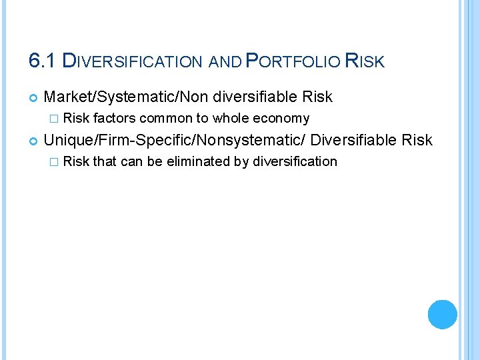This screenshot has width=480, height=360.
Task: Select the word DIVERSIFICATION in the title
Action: pos(132,61)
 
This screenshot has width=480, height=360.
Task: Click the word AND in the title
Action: pos(225,62)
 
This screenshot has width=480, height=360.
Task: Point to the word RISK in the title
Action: pos(365,61)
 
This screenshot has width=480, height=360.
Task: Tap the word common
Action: pos(167,119)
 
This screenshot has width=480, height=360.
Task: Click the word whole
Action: pos(230,119)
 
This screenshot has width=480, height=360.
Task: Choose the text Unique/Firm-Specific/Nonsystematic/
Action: pos(175,140)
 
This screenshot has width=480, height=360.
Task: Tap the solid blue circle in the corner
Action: pos(442,314)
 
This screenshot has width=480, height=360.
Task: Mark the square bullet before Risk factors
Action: pos(55,119)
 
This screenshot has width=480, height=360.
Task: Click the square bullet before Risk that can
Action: pos(55,162)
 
